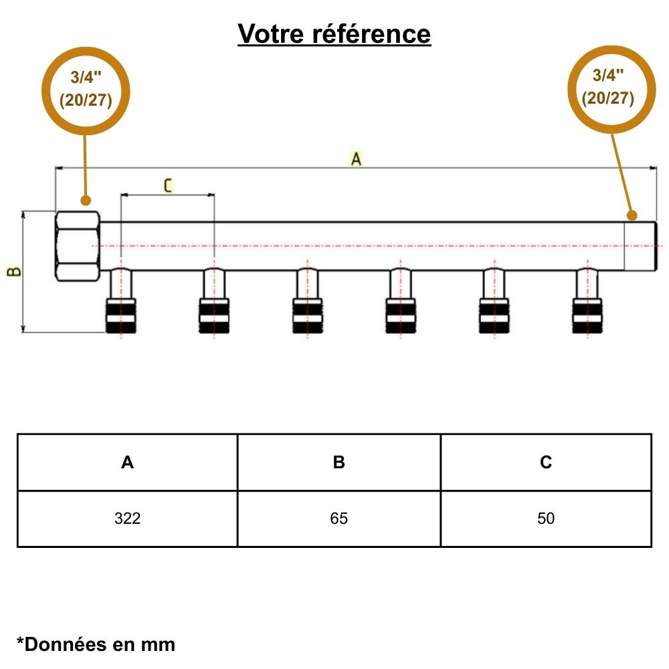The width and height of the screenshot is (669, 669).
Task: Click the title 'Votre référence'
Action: (x=334, y=33)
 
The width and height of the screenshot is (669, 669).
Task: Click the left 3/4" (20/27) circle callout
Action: (x=86, y=90)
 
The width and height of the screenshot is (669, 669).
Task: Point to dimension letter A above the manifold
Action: (x=357, y=159)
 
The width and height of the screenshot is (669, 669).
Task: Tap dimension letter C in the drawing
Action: (x=167, y=185)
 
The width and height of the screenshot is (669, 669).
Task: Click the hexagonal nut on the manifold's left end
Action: (x=78, y=246)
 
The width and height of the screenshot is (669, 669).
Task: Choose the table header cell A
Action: (x=127, y=462)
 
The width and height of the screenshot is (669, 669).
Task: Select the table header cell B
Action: (x=339, y=462)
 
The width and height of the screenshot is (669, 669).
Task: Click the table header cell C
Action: (x=546, y=462)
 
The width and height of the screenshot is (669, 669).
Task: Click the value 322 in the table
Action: (x=127, y=518)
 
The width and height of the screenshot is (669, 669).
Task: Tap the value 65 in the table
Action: (x=339, y=518)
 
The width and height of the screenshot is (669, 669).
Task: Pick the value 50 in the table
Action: (x=546, y=518)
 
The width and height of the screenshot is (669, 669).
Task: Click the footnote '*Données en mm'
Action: (x=96, y=644)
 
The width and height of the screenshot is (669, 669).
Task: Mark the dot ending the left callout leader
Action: (x=85, y=200)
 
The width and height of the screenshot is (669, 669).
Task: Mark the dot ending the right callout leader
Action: (x=631, y=215)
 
